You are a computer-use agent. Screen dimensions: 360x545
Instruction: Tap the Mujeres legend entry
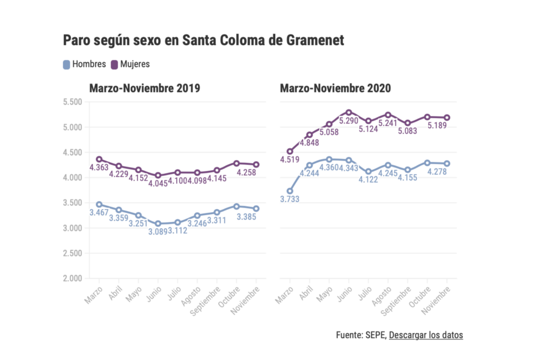click(x=130, y=64)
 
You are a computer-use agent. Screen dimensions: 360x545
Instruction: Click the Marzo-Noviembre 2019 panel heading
click(x=144, y=88)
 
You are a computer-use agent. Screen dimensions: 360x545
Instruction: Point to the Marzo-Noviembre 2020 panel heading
click(x=335, y=88)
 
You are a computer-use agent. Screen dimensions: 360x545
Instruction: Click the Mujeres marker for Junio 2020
click(x=349, y=112)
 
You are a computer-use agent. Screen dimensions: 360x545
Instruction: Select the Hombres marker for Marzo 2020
click(x=290, y=191)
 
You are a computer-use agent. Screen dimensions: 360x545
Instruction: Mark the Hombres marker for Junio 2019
click(x=158, y=224)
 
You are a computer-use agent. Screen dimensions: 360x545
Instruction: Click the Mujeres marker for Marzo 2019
click(x=98, y=160)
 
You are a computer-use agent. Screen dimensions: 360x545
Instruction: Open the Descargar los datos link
click(x=426, y=335)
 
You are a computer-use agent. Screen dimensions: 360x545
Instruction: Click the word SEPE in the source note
click(x=375, y=335)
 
